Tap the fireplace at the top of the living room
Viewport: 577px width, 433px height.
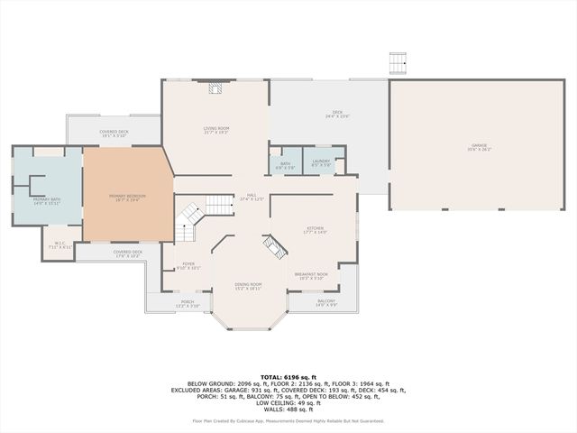click(x=215, y=88)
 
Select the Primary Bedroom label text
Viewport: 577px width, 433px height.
click(x=128, y=197)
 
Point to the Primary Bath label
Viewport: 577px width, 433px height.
click(x=47, y=201)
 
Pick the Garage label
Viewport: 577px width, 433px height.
click(x=479, y=147)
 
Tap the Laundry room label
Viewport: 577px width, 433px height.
click(x=322, y=164)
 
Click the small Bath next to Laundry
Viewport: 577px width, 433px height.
click(x=285, y=164)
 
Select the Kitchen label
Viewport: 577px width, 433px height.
click(x=315, y=230)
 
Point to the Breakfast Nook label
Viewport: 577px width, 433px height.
click(x=311, y=275)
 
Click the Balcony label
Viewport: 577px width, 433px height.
click(x=325, y=303)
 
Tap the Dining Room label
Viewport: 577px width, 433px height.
click(x=248, y=286)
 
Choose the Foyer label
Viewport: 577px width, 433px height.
click(x=188, y=265)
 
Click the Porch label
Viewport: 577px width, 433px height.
click(x=188, y=304)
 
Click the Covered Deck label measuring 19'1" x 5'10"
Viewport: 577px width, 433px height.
click(x=115, y=134)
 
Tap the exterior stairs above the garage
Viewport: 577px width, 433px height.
click(x=398, y=64)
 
